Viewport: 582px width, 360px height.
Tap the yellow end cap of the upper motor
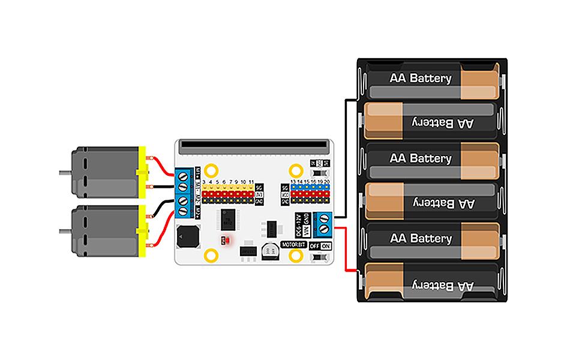(142, 172)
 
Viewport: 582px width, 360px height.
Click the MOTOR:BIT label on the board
(293, 244)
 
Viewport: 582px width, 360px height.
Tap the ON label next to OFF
(326, 246)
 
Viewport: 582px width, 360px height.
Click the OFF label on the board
(314, 246)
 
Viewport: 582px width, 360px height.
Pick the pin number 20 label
(327, 181)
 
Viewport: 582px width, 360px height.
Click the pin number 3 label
(205, 181)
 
